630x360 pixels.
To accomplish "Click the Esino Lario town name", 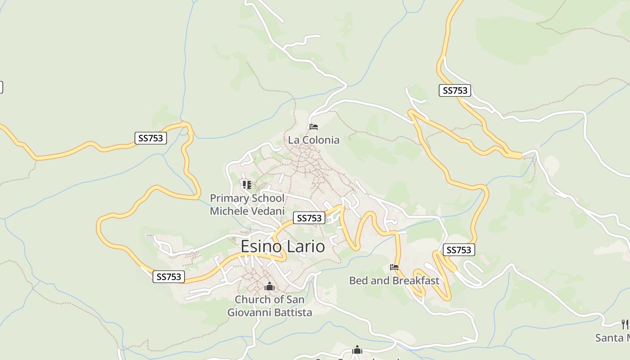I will point(283,247).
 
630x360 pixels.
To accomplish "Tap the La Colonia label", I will point(314,140).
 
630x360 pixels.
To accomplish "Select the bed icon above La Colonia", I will point(314,127).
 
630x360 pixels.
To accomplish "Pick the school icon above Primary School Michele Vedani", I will point(247,184).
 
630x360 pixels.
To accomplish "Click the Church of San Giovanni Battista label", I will point(270,306).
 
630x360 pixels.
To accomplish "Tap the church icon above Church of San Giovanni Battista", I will point(269,286).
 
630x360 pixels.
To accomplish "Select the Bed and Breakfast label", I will point(394,281).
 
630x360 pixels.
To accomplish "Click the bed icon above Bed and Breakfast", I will point(394,267).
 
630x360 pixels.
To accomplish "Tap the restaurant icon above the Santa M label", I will point(625,324).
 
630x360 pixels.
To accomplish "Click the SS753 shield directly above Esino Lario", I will point(309,218).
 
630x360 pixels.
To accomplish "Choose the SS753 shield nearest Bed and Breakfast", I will point(459,250).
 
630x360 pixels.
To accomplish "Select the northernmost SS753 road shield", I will point(455,90).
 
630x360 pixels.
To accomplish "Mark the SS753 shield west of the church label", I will point(169,277).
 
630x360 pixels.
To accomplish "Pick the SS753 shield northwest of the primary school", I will point(151,138).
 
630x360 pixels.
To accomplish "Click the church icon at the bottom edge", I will point(357,350).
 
